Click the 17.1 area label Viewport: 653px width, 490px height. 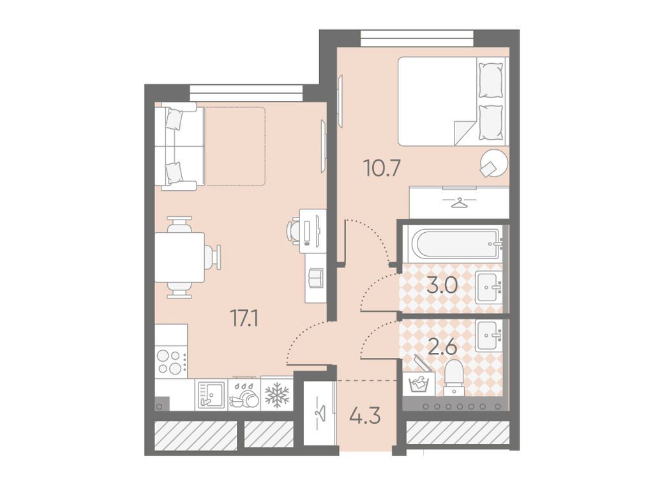pos(244,319)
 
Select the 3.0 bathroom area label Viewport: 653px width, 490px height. pos(442,286)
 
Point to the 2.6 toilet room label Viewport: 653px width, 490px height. pos(443,347)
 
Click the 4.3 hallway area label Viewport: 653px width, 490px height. pos(366,415)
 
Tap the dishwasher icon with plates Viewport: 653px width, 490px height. pos(244,395)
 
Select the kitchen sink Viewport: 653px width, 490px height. pos(211,394)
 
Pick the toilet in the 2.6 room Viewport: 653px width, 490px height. pos(454,377)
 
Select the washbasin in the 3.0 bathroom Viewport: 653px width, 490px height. pos(488,288)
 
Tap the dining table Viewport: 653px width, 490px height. pos(179,257)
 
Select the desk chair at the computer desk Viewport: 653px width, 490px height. pos(293,230)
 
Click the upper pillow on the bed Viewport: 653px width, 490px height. pos(491,81)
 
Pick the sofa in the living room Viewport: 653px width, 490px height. pos(180,146)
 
